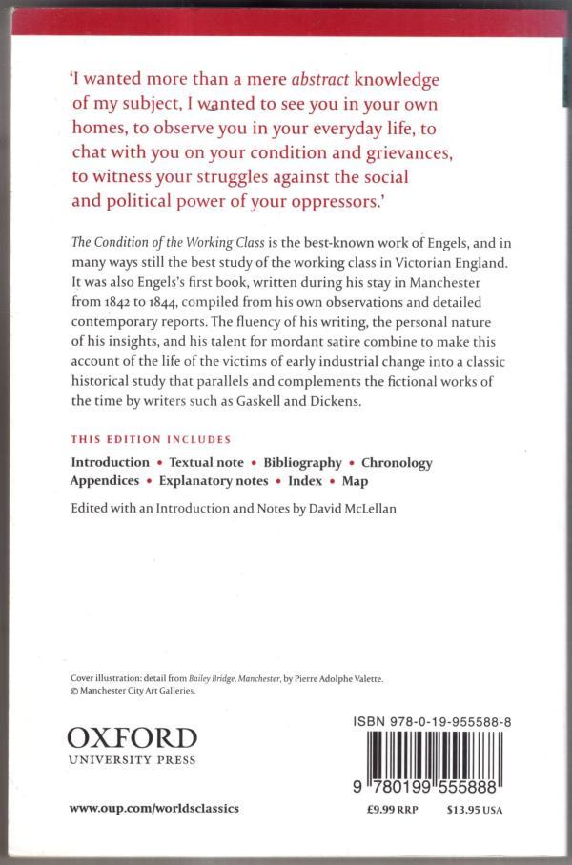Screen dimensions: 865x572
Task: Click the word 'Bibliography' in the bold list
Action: point(302,462)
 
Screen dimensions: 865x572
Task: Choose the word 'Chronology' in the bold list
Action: point(397,462)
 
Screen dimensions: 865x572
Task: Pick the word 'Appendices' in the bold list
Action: point(105,481)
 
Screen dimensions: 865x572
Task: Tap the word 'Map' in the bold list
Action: point(355,481)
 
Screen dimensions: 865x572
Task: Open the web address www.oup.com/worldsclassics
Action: point(153,808)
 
